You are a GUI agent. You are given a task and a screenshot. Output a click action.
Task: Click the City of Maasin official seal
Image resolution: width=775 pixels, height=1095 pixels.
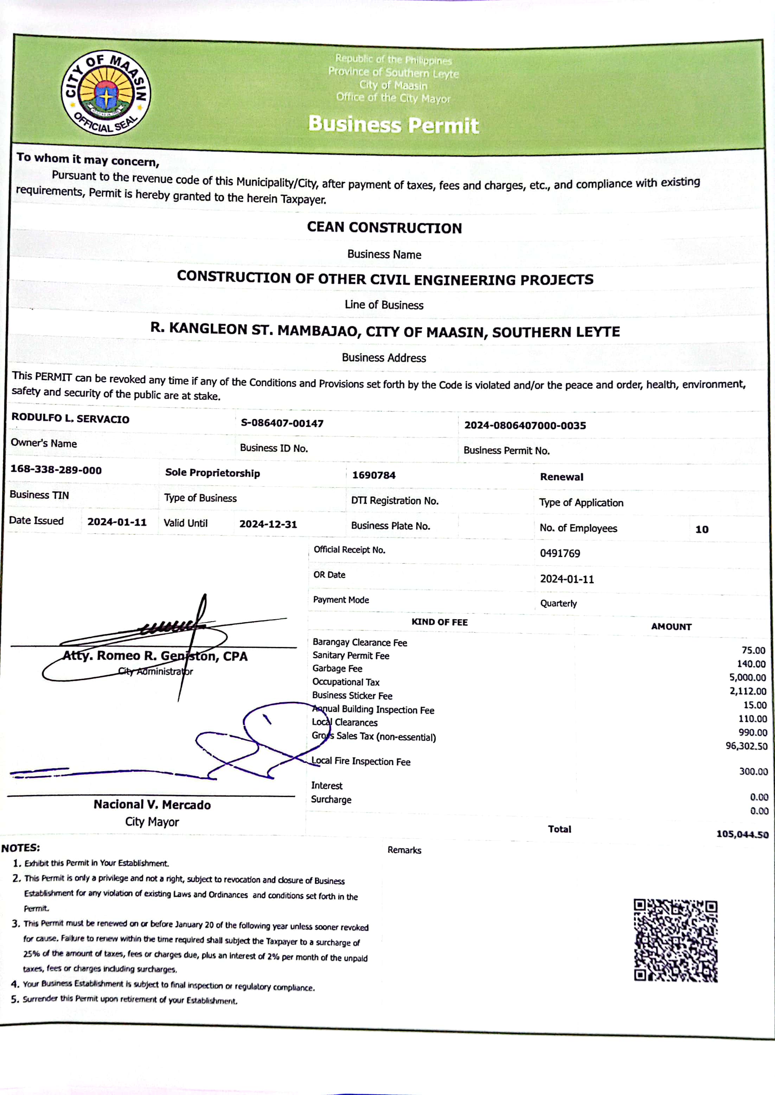pos(106,93)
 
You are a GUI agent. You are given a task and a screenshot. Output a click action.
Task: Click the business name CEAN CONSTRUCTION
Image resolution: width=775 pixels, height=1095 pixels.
pos(384,227)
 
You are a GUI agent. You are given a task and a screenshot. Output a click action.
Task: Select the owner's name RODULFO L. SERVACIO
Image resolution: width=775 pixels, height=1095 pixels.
pos(70,418)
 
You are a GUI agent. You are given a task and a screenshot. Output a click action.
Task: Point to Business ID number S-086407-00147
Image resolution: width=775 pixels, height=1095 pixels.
pos(282,423)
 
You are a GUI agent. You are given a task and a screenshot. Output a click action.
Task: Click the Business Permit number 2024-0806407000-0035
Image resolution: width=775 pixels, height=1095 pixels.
pos(525,425)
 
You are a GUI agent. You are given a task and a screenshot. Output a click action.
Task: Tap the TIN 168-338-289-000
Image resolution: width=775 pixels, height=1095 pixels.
pos(56,470)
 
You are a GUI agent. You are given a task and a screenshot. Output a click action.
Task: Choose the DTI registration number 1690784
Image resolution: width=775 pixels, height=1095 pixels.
pos(374,475)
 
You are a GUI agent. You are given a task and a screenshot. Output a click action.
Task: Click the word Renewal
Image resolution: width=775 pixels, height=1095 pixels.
pos(561,476)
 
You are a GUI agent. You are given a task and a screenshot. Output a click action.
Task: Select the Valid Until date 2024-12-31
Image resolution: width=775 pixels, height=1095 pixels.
pos(268,524)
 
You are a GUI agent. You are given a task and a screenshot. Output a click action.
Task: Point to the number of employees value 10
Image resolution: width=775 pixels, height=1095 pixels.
pos(702,529)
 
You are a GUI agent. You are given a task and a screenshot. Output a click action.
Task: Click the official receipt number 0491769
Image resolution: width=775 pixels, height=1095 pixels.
pos(560,553)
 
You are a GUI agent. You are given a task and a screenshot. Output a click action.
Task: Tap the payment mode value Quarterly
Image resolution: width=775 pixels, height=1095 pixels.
pos(558,603)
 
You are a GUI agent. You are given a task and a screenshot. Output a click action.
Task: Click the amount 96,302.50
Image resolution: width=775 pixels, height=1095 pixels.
pos(747,746)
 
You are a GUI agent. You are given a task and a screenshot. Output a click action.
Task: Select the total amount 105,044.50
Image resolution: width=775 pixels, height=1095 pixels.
pos(742,834)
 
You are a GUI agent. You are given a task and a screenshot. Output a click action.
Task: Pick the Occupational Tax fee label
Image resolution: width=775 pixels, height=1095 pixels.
pos(346,682)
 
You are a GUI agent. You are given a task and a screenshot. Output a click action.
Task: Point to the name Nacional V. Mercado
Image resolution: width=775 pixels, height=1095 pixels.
pos(152,805)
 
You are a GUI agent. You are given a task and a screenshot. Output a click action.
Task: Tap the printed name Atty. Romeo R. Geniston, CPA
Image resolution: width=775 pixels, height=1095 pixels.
pos(155,656)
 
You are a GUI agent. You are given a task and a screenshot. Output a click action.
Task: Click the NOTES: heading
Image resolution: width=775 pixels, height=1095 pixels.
pos(20,848)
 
